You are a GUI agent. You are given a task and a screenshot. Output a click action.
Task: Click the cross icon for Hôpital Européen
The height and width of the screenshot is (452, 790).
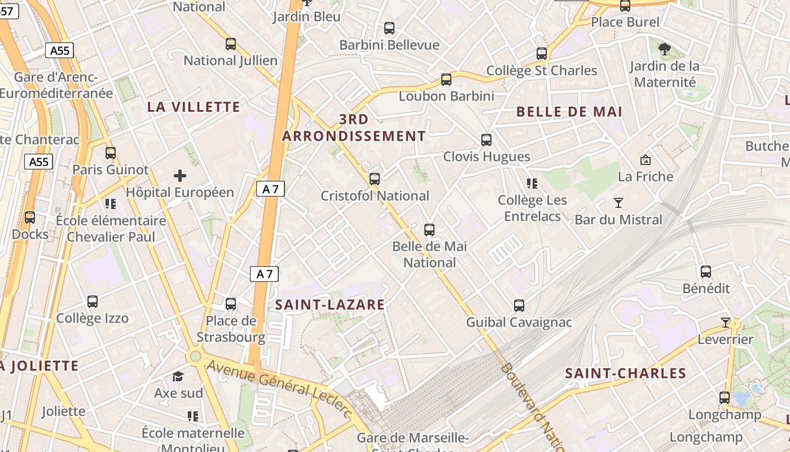coord(180,176)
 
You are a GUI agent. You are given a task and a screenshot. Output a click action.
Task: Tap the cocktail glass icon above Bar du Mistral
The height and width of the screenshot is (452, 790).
coord(618,202)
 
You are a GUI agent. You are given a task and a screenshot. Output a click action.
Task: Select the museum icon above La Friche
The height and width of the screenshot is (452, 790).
coord(646,160)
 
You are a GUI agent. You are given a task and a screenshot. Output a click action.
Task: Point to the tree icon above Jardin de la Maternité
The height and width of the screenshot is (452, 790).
coord(665,49)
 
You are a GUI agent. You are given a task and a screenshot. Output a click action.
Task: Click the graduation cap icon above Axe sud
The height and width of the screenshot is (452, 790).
coord(178,376)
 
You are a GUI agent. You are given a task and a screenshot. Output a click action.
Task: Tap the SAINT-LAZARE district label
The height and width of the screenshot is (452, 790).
coord(330,305)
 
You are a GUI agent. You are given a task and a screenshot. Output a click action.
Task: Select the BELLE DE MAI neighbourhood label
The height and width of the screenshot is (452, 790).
coord(569,112)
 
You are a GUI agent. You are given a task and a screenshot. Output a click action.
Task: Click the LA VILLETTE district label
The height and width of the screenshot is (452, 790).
coord(194,107)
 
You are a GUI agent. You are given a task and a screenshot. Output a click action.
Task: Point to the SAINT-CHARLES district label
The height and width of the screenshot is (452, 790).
coord(625,373)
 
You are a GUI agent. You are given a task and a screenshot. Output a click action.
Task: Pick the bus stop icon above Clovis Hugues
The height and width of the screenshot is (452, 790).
coord(486,140)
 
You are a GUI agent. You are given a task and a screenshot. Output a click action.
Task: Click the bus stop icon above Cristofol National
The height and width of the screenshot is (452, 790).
coord(374,179)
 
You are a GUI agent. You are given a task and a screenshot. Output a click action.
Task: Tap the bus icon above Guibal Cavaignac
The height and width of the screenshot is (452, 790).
coord(519,306)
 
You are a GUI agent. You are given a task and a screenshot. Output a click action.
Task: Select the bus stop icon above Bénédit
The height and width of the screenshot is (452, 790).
coord(705,272)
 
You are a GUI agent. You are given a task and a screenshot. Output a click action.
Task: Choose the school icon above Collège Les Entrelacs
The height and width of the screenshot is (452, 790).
coord(532,183)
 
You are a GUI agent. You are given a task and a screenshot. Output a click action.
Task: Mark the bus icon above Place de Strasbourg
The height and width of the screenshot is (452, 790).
coord(230,304)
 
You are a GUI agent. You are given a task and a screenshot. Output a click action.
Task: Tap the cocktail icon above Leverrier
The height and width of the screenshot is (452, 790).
coord(726,323)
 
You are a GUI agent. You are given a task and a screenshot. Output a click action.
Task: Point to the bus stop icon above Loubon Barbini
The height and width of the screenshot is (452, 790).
coord(446,80)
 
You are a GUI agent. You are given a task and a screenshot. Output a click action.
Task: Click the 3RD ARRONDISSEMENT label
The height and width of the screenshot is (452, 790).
coord(354,128)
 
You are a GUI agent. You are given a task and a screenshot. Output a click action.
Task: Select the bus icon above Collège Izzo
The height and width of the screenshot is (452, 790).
coord(93,302)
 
